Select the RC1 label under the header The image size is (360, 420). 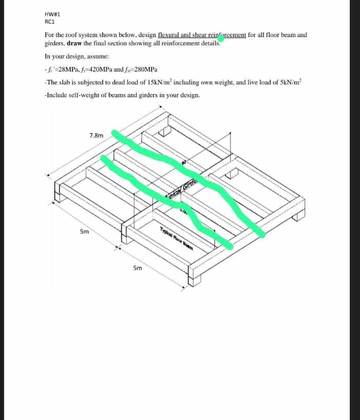click(x=50, y=22)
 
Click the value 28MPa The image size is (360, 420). click(x=67, y=69)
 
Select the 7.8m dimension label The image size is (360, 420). click(x=96, y=135)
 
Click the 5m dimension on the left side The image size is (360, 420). click(x=84, y=232)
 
